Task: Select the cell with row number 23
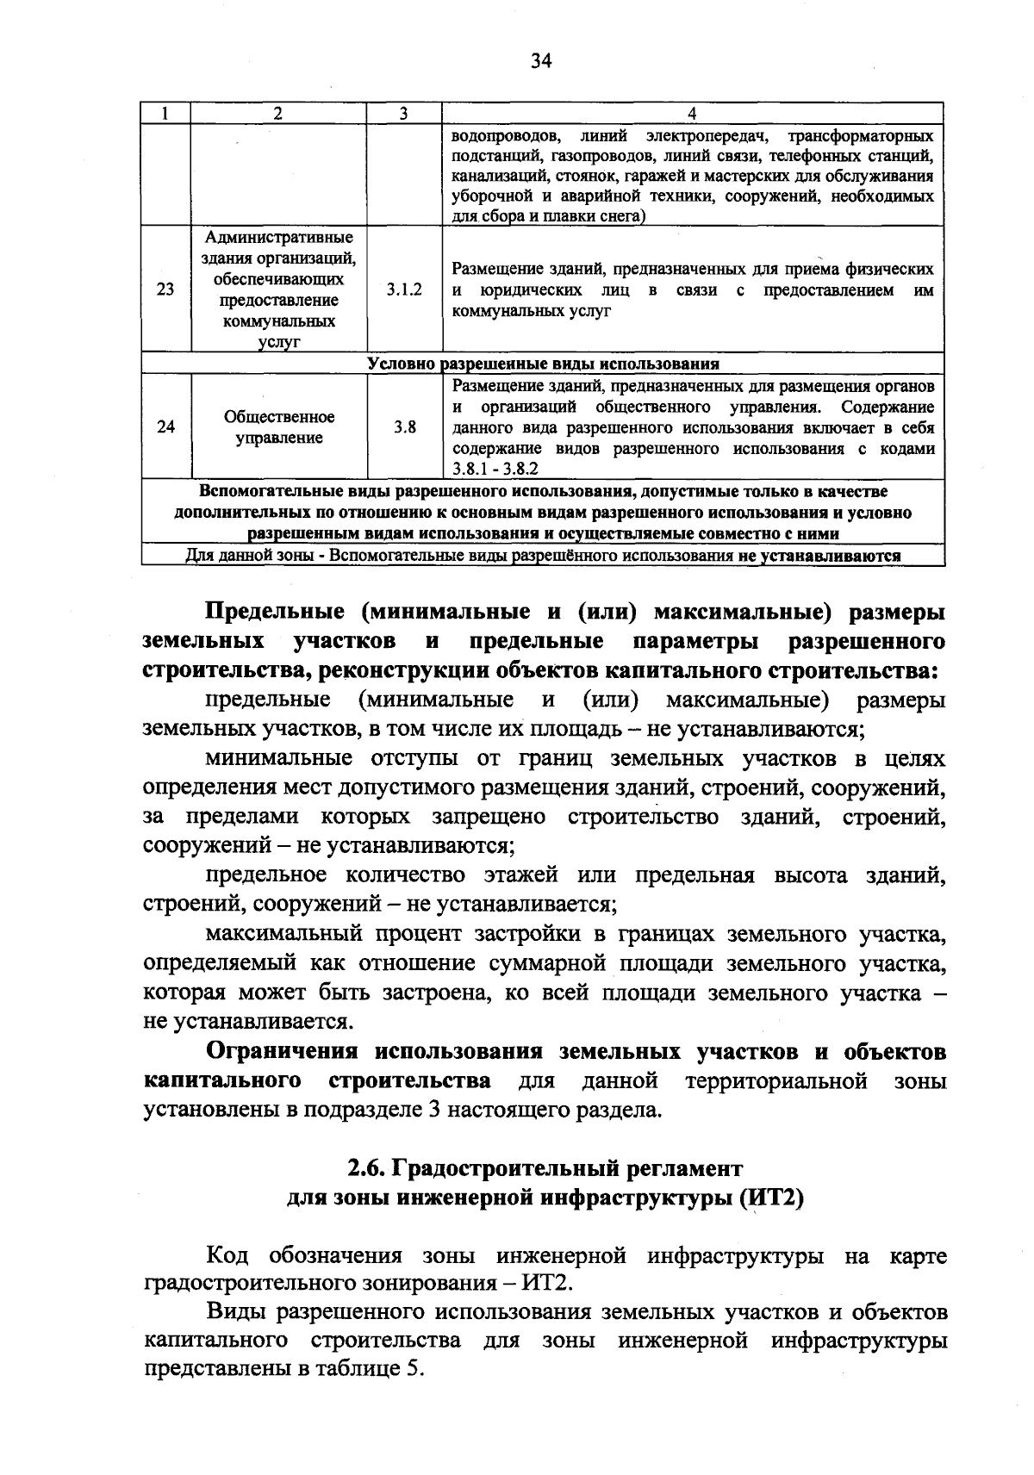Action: (x=165, y=290)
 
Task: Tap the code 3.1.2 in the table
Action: (x=404, y=290)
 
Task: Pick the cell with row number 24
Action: (x=165, y=427)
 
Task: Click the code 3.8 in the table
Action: (x=404, y=427)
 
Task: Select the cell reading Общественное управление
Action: (x=279, y=427)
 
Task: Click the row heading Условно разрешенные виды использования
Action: (x=543, y=364)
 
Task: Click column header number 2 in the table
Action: (x=277, y=114)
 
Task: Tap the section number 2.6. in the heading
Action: (x=366, y=1169)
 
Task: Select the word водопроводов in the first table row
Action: (x=507, y=137)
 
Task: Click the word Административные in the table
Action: (x=279, y=237)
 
